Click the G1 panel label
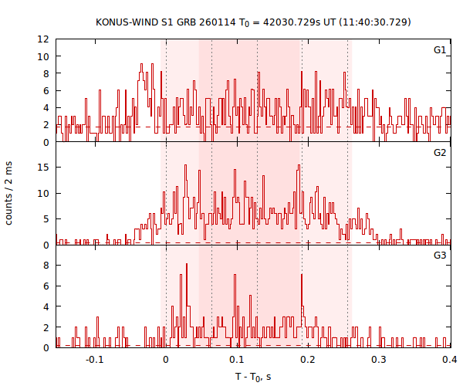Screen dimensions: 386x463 coord(440,50)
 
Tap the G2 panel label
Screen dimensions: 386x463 coord(440,152)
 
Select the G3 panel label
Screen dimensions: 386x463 coord(440,255)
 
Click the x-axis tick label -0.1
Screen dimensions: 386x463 coord(94,360)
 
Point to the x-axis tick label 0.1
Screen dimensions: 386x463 coord(237,360)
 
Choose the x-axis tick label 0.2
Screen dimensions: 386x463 coord(308,360)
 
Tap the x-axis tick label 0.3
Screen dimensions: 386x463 coord(379,360)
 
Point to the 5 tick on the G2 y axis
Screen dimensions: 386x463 coord(47,218)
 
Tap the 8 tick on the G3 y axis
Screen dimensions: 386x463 coord(47,265)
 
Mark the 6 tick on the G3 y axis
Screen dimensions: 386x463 coord(47,286)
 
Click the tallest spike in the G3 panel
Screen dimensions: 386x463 coord(186,265)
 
